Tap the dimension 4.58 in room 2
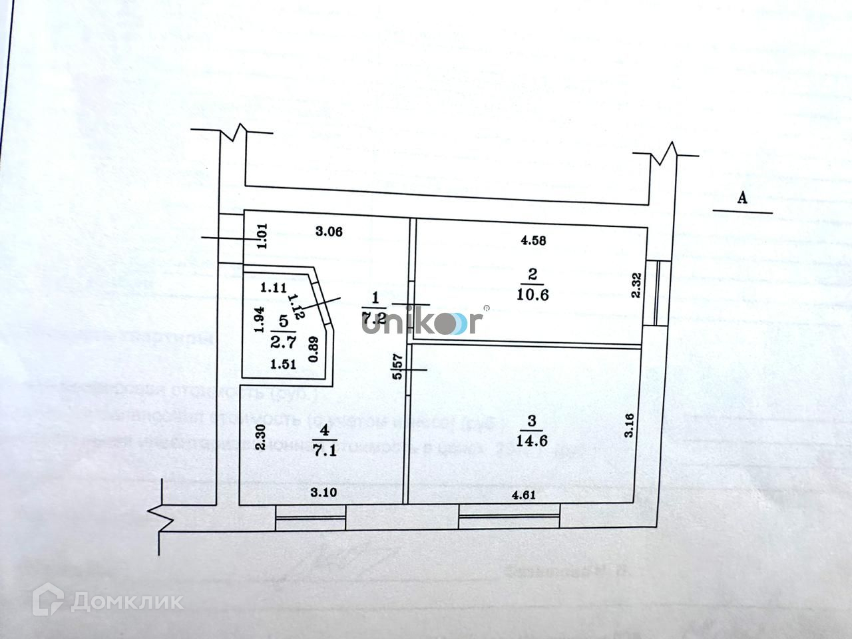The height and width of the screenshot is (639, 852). pyautogui.click(x=534, y=241)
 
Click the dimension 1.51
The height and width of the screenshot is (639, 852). pyautogui.click(x=282, y=365)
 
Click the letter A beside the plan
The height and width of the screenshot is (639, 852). pyautogui.click(x=744, y=198)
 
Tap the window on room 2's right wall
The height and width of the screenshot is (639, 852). pyautogui.click(x=658, y=293)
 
